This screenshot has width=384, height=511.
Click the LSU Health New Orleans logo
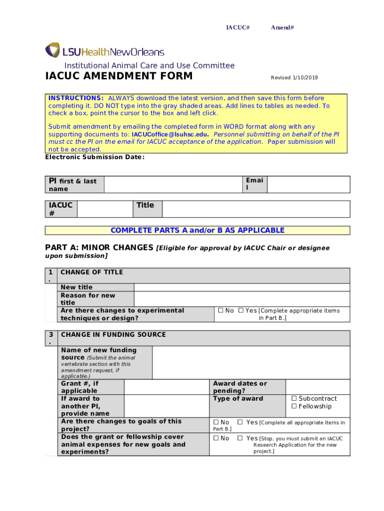[105, 51]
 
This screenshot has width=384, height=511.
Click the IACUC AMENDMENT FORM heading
[119, 76]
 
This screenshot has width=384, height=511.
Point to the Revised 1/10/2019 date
[294, 78]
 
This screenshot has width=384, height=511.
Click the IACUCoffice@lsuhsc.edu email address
[170, 135]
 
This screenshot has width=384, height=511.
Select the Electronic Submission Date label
[95, 157]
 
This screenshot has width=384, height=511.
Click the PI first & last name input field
[173, 184]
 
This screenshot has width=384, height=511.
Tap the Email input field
[308, 184]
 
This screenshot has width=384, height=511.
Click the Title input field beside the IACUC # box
[256, 209]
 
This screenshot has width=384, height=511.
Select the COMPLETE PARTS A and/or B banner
[197, 231]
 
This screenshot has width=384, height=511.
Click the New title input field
[242, 287]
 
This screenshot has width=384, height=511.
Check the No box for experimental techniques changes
[221, 311]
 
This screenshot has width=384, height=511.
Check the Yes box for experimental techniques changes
[241, 311]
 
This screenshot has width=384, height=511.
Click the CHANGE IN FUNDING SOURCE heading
[113, 335]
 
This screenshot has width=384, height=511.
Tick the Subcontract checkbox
[294, 399]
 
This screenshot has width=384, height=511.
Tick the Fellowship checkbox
[294, 407]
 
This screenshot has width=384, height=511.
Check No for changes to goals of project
[216, 423]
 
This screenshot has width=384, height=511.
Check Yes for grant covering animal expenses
[240, 439]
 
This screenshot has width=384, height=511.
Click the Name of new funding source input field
[251, 362]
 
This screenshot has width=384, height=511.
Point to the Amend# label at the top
[282, 27]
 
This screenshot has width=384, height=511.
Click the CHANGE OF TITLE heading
[92, 272]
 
